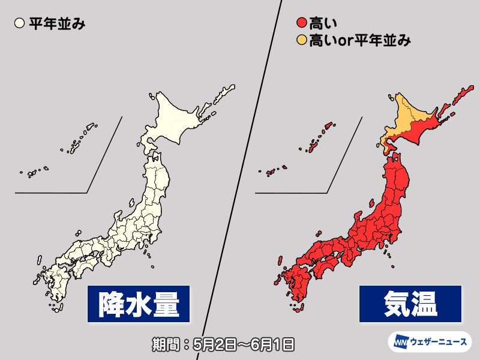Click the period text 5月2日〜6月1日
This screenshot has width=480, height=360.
point(240,344)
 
